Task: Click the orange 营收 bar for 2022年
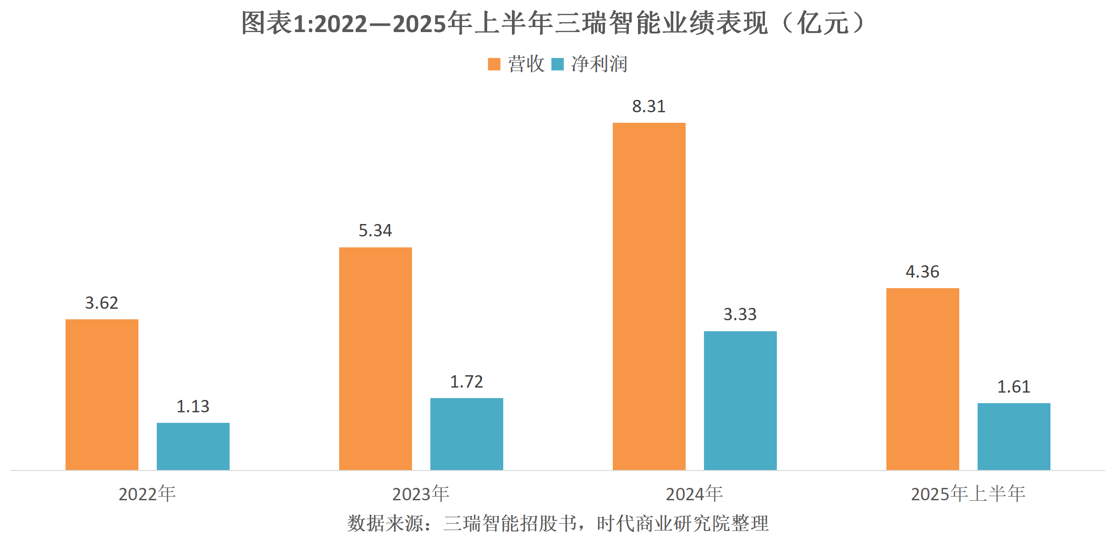pos(102,394)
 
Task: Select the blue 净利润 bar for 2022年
pos(193,446)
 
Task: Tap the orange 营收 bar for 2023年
pos(375,359)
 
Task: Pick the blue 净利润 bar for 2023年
pos(467,434)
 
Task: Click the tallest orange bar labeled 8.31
pos(649,296)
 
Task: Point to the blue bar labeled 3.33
pos(740,400)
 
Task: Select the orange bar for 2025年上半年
pos(923,379)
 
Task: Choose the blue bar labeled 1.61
pos(1014,436)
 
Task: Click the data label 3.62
pos(102,303)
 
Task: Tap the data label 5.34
pos(375,230)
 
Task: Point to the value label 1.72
pos(467,382)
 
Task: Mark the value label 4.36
pos(923,272)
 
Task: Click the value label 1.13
pos(193,406)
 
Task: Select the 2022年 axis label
pos(147,494)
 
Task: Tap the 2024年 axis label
pos(694,494)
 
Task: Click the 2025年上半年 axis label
pos(968,494)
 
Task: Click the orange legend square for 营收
pos(494,64)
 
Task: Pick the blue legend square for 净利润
pos(557,64)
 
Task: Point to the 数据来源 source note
pos(558,523)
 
